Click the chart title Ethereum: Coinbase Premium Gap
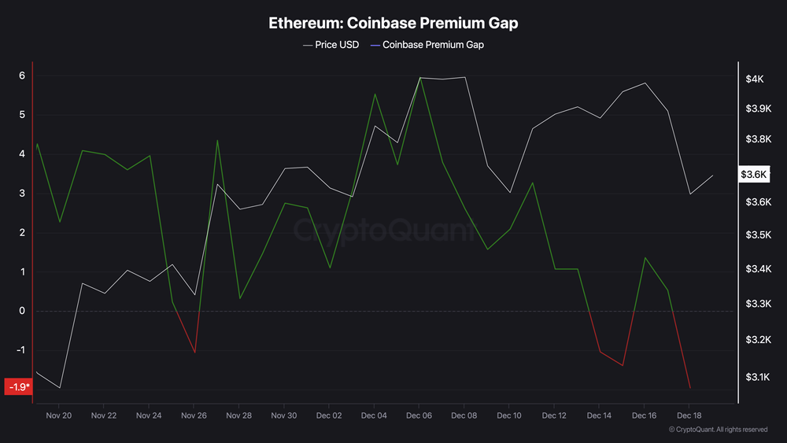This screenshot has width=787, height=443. (x=393, y=23)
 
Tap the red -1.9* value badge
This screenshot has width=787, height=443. (x=18, y=387)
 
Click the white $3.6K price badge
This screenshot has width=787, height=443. (x=753, y=175)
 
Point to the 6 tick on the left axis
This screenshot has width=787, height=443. (x=22, y=76)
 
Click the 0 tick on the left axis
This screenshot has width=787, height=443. (x=22, y=311)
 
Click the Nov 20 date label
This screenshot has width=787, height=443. (x=59, y=415)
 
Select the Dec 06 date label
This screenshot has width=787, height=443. (x=419, y=415)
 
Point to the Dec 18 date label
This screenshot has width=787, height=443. (x=689, y=415)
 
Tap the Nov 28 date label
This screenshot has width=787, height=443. (x=238, y=415)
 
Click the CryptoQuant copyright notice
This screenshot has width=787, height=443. (x=718, y=430)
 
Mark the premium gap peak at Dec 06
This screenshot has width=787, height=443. (x=419, y=78)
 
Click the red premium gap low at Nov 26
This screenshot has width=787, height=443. (x=194, y=352)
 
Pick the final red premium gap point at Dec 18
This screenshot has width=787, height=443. (x=690, y=388)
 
